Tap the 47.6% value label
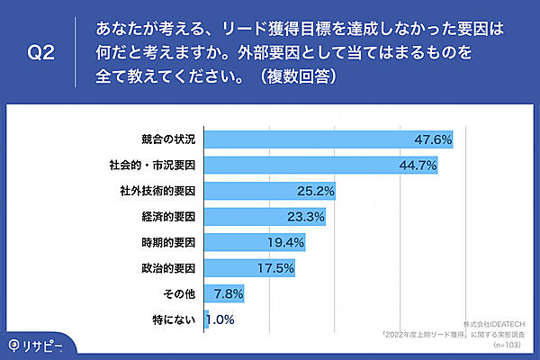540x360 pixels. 432,140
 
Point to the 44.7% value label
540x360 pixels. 418,166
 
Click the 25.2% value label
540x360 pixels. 317,192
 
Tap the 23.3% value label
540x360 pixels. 307,217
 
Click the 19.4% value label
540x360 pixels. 287,243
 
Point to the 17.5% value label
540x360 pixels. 277,268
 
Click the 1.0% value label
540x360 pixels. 220,319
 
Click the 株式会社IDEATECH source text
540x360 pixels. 499,323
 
